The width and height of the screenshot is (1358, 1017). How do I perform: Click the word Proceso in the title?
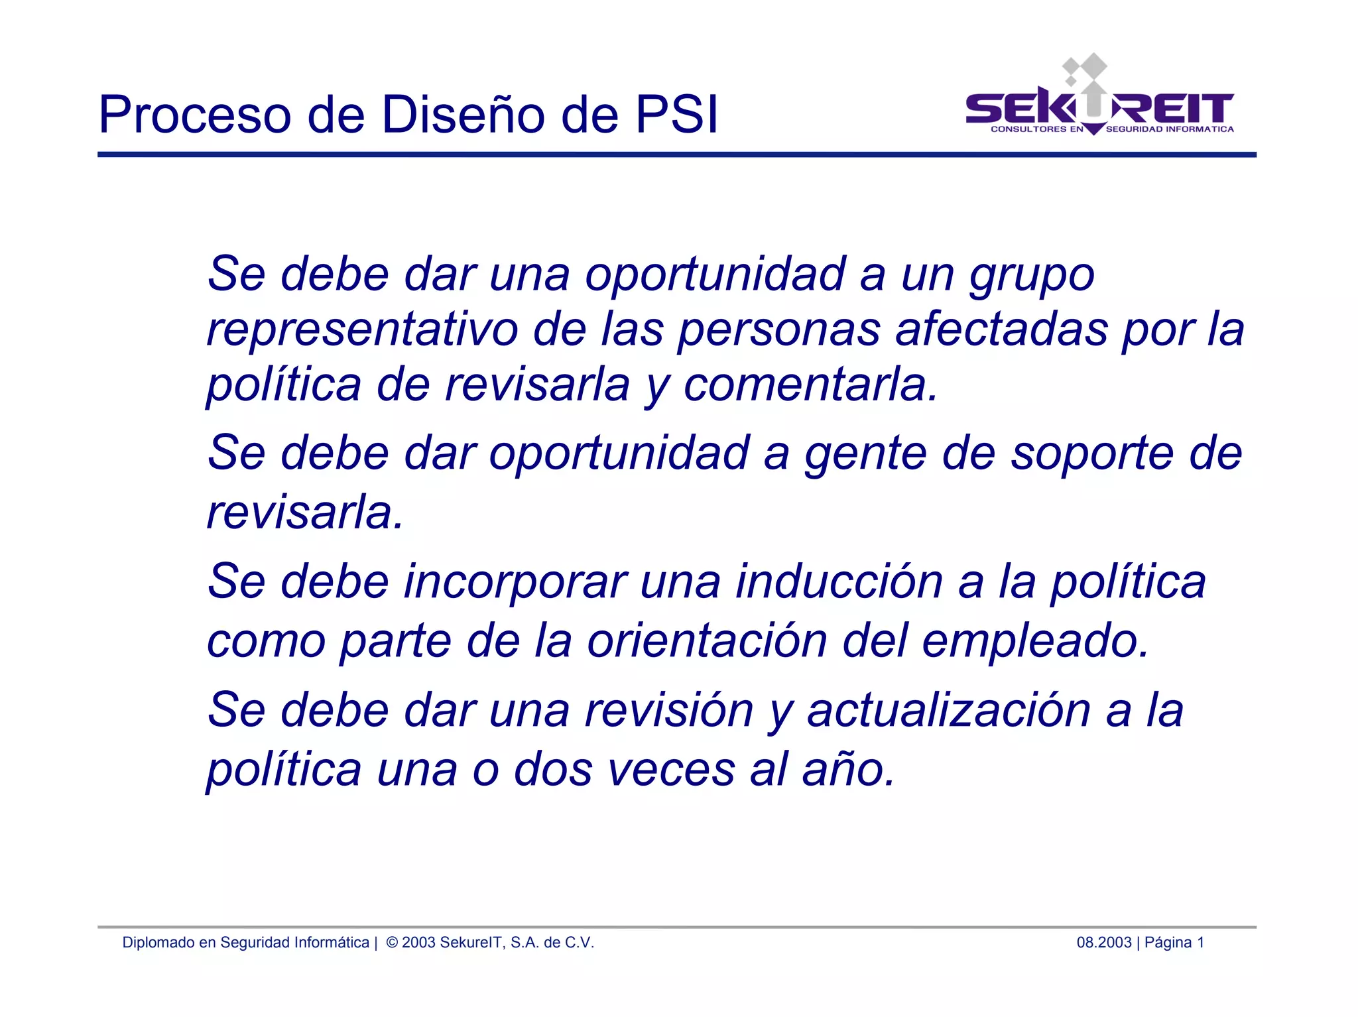click(x=194, y=115)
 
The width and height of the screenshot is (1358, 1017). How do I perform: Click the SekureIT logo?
click(x=1099, y=99)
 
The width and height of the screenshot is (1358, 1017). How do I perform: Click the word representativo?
click(x=362, y=329)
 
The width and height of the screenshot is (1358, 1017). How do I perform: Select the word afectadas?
click(x=1001, y=329)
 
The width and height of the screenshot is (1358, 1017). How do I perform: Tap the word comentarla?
click(x=810, y=385)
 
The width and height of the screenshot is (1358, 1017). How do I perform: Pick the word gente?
click(x=865, y=454)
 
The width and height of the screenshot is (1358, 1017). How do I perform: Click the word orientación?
click(x=707, y=641)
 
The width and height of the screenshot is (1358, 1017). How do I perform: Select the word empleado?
click(x=1035, y=641)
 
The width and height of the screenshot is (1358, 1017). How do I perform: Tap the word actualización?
click(x=949, y=711)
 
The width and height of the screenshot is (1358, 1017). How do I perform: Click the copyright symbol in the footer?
click(x=392, y=943)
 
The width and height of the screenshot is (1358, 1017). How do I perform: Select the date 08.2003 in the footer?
click(x=1103, y=943)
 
